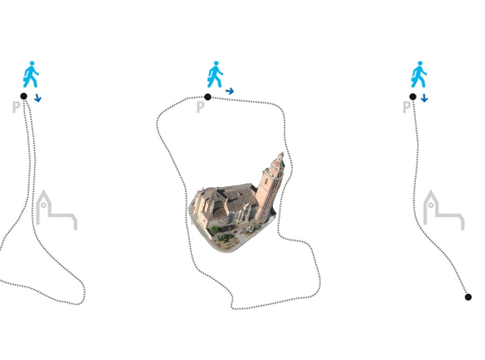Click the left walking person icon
(x=31, y=74)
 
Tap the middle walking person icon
(x=215, y=74)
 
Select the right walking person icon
(x=419, y=74)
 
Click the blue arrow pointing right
(x=230, y=91)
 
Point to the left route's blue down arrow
(x=38, y=98)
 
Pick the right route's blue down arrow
(x=424, y=98)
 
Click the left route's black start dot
(x=24, y=96)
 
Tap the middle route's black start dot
(x=208, y=97)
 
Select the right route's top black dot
(x=413, y=97)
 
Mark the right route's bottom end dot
(x=468, y=297)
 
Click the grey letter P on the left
(x=16, y=107)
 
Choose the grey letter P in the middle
(x=200, y=107)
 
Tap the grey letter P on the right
(x=406, y=107)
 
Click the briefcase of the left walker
(x=26, y=82)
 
